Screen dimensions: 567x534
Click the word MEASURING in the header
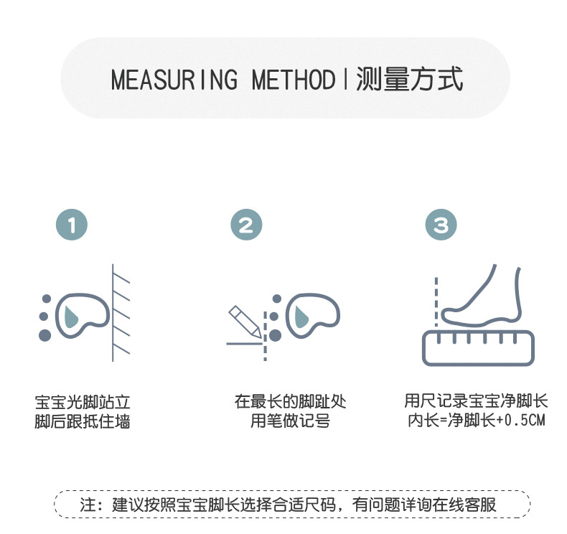[174, 80]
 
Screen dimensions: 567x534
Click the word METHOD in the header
[294, 80]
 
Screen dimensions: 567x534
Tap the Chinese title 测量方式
[409, 79]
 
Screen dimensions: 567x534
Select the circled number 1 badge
[71, 225]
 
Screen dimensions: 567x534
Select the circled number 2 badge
[246, 225]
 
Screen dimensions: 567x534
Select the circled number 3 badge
[441, 225]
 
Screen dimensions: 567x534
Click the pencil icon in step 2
[245, 322]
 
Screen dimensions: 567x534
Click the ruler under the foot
[477, 347]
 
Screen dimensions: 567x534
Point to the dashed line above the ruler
[435, 301]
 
